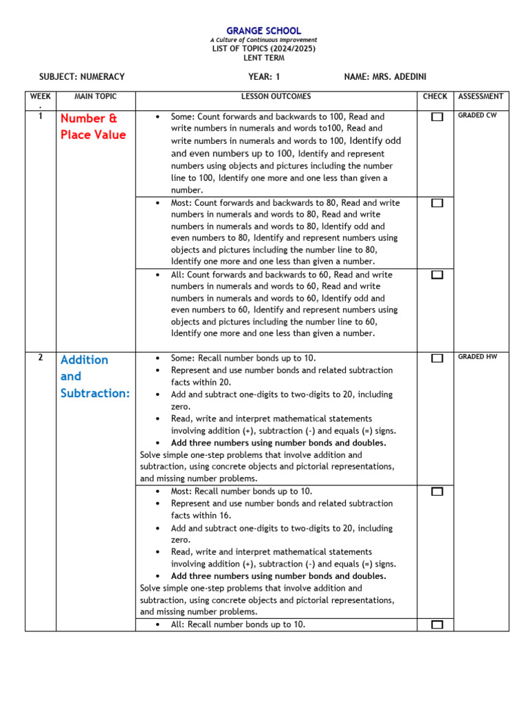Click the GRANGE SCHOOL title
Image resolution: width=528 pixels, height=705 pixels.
[x=264, y=31]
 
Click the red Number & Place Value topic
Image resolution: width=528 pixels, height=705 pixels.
[x=93, y=127]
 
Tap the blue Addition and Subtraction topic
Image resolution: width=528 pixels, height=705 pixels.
[x=94, y=376]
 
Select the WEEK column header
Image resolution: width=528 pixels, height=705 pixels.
[x=41, y=97]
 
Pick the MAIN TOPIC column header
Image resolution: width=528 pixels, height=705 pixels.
[x=96, y=97]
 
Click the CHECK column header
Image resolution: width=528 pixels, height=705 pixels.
[x=434, y=97]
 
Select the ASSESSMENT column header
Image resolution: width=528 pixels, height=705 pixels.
[x=481, y=97]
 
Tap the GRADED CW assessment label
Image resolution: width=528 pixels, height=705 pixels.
[x=476, y=116]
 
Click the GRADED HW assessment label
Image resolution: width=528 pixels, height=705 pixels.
[x=477, y=357]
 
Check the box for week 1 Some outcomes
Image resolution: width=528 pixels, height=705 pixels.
[x=437, y=117]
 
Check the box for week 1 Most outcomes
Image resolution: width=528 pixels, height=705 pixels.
[x=437, y=203]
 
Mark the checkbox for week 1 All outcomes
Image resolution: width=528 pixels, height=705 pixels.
[x=437, y=275]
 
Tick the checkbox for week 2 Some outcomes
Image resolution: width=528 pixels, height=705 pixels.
[x=437, y=358]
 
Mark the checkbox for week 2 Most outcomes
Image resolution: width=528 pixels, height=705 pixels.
[x=437, y=492]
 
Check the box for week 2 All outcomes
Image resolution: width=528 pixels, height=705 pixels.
[x=437, y=624]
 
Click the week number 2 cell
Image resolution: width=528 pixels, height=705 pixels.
[x=41, y=357]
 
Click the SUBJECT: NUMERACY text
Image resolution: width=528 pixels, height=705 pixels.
[x=82, y=77]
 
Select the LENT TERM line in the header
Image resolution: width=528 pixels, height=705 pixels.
[x=264, y=58]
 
